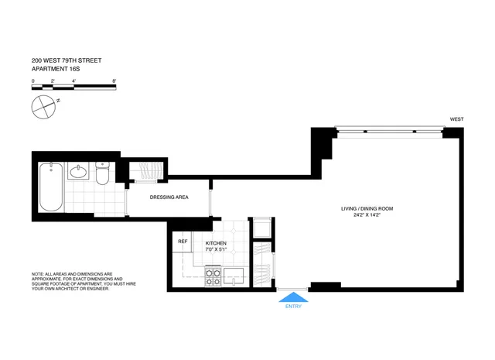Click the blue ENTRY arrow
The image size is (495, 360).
pos(293,296)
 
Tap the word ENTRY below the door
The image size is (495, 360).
pos(293,307)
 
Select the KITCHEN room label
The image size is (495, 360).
pos(216,243)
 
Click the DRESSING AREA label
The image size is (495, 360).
pos(169,197)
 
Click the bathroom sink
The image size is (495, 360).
pos(77,171)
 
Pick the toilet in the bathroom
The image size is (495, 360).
pos(103,174)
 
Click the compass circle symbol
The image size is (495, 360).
pos(43,106)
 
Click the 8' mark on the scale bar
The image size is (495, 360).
pos(114,81)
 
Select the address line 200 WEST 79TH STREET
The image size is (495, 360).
pos(67,60)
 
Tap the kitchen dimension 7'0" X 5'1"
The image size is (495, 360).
pos(216,250)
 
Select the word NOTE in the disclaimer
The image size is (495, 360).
pos(37,274)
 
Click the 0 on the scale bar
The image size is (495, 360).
pos(32,81)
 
